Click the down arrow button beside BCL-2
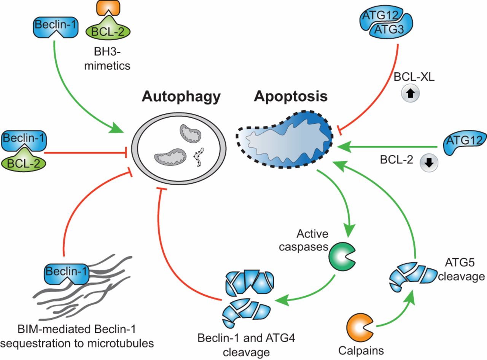click(429, 162)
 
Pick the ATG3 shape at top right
click(385, 29)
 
